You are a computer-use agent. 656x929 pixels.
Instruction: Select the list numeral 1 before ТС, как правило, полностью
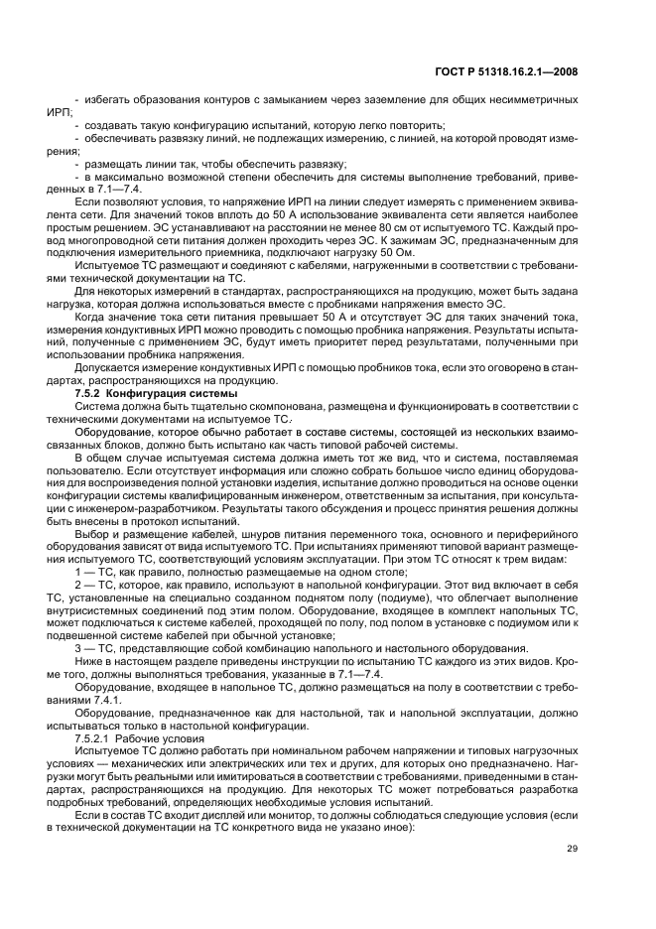tap(78, 573)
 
